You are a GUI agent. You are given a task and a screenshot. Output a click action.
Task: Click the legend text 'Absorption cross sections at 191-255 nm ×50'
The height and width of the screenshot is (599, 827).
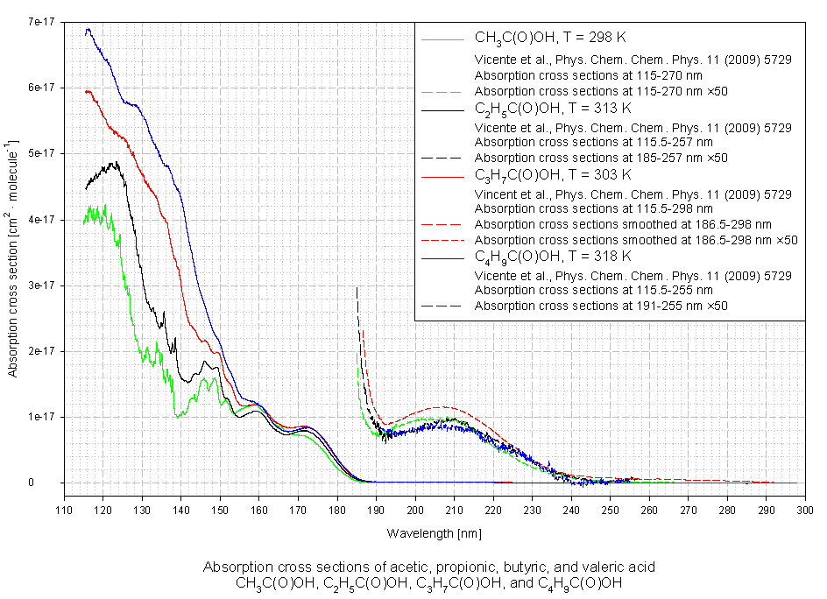tap(601, 306)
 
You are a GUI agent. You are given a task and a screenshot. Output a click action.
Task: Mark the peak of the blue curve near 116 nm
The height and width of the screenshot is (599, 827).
tap(88, 29)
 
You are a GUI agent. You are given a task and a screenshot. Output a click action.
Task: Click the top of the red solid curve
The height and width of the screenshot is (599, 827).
tap(86, 90)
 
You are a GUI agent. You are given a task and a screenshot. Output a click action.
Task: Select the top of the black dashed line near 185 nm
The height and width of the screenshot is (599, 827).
tap(357, 288)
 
